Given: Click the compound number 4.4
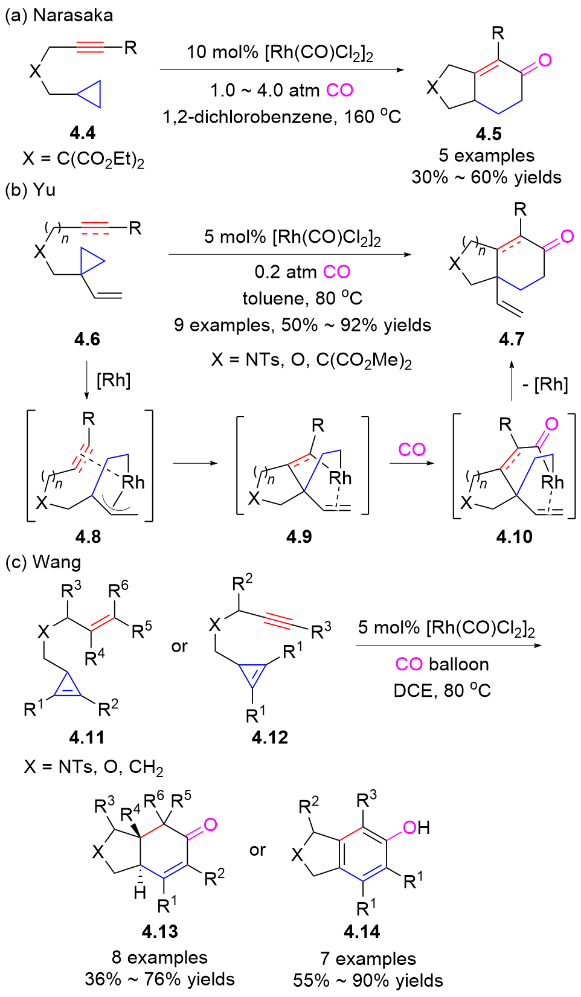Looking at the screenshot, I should click(83, 133).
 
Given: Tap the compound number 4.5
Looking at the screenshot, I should click(489, 133).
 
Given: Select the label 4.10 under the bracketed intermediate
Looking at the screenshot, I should click(514, 536).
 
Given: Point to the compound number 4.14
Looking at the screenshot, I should click(362, 931).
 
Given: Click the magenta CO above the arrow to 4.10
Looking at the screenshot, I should click(412, 449).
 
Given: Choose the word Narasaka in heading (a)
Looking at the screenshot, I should click(73, 15).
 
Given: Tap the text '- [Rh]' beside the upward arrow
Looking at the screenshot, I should click(545, 384).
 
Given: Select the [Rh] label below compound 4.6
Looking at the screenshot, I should click(114, 380).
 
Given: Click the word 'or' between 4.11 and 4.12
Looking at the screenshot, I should click(179, 646).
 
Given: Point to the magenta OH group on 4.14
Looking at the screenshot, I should click(416, 827).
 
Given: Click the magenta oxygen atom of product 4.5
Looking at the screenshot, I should click(545, 60).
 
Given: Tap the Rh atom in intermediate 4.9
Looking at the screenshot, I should click(340, 478).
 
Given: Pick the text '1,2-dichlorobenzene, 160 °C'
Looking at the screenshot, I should click(281, 116).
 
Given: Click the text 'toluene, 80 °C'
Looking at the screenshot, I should click(302, 298).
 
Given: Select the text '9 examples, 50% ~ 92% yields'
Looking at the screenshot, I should click(302, 325).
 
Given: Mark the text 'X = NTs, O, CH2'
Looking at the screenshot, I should click(94, 767).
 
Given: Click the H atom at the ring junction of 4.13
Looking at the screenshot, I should click(140, 893).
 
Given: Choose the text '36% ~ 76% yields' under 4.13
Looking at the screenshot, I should click(159, 979).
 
